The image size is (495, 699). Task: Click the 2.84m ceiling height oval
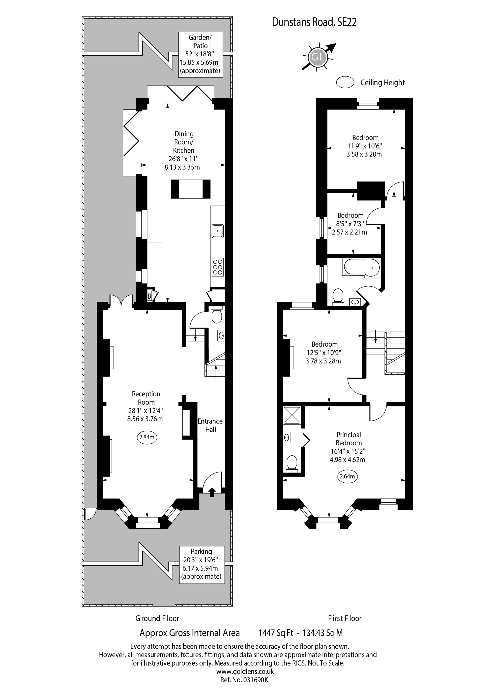pyautogui.click(x=147, y=437)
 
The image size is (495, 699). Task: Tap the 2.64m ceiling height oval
pyautogui.click(x=347, y=476)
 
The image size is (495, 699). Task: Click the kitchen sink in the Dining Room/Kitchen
pyautogui.click(x=218, y=231)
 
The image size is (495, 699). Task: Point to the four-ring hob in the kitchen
pyautogui.click(x=218, y=267)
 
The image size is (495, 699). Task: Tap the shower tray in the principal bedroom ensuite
pyautogui.click(x=292, y=415)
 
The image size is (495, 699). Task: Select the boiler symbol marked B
pyautogui.click(x=149, y=296)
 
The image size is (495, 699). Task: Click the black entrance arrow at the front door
pyautogui.click(x=212, y=492)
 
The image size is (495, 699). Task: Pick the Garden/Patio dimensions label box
pyautogui.click(x=200, y=54)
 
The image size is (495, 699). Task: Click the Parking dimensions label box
pyautogui.click(x=201, y=565)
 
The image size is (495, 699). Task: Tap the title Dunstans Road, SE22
pyautogui.click(x=314, y=22)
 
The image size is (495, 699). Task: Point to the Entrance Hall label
pyautogui.click(x=210, y=425)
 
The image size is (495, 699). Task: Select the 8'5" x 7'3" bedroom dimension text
pyautogui.click(x=350, y=224)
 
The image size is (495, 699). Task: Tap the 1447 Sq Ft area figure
pyautogui.click(x=276, y=633)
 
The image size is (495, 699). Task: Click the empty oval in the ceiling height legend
pyautogui.click(x=345, y=82)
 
